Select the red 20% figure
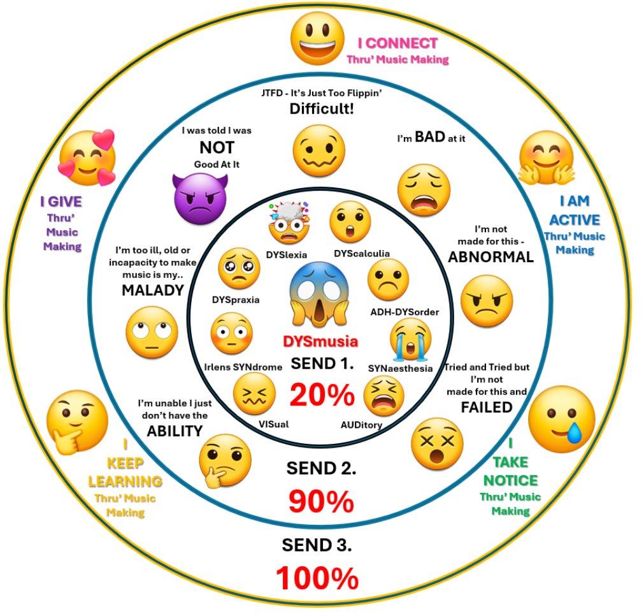coord(322,396)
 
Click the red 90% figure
coord(320,501)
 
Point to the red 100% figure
coord(317,578)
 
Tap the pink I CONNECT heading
coord(397,43)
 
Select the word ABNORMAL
coord(490,257)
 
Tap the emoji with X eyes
coord(437,443)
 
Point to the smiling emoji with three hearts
coord(87,158)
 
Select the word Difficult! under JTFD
coord(322,108)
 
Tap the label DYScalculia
coord(362,254)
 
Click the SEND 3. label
coord(317,545)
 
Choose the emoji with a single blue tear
coord(561,418)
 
